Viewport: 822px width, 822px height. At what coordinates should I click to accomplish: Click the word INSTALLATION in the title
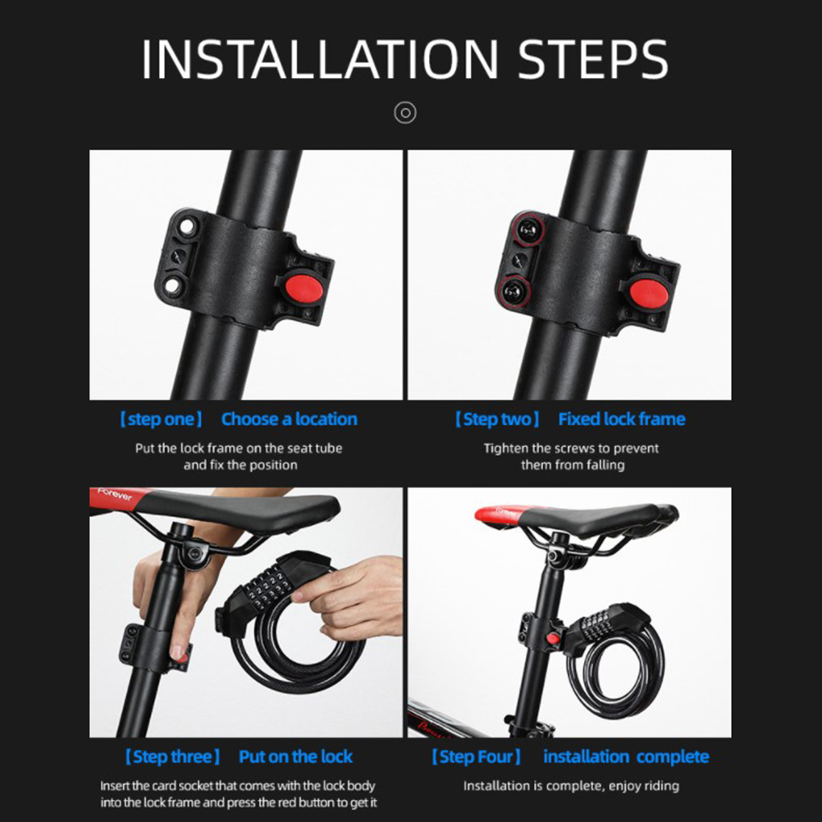click(x=320, y=59)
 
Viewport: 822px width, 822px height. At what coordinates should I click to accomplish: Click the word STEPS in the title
click(x=593, y=59)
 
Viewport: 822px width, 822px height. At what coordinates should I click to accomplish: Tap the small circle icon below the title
click(x=405, y=112)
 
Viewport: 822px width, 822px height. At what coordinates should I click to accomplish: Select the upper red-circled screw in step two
click(x=528, y=229)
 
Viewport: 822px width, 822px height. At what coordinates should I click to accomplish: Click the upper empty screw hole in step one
click(x=186, y=226)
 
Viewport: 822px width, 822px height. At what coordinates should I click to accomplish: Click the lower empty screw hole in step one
click(x=172, y=285)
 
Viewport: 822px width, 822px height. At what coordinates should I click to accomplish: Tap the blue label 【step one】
click(x=161, y=419)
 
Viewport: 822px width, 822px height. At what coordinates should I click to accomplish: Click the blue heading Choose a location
click(x=290, y=419)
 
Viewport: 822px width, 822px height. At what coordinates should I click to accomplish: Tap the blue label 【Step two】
click(x=497, y=419)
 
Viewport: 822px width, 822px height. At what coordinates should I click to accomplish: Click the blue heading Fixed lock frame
click(x=622, y=419)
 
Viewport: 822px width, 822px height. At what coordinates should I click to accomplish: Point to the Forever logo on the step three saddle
click(x=115, y=495)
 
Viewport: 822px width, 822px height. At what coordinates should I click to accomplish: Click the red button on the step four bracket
click(x=553, y=640)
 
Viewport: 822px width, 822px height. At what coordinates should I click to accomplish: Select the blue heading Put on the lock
click(x=295, y=757)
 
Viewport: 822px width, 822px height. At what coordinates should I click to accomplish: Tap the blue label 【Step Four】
click(x=476, y=757)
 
